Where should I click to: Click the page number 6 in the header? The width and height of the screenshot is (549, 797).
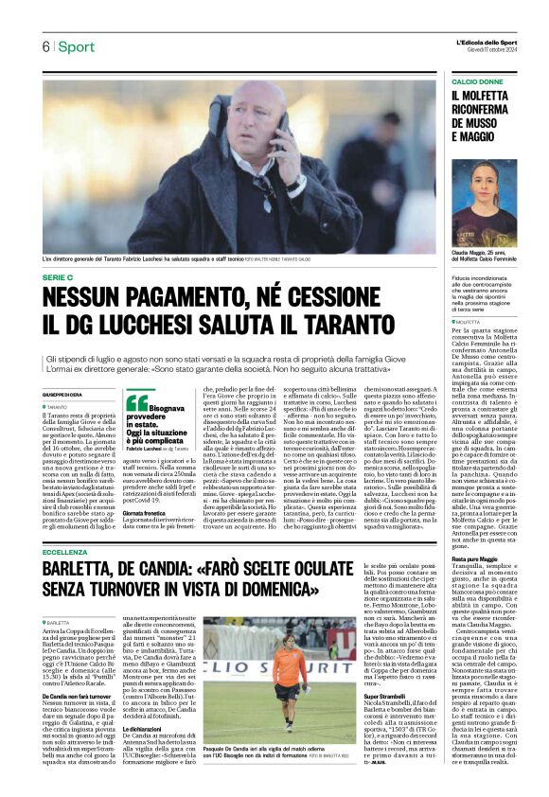(44, 47)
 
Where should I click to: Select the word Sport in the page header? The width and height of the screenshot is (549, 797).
(75, 47)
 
